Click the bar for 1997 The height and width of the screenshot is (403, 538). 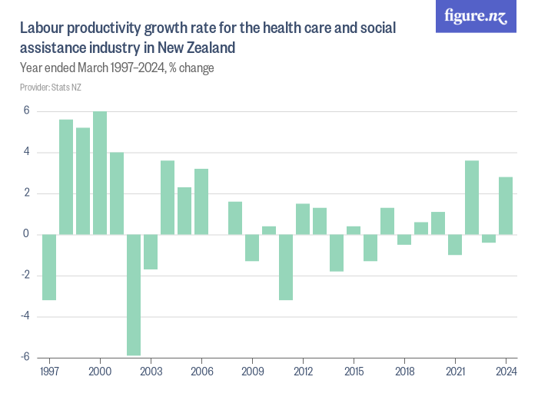click(x=49, y=266)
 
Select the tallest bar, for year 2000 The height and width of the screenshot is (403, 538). click(x=100, y=173)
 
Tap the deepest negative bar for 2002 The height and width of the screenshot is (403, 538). click(x=134, y=295)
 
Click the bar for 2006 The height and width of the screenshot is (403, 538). click(x=201, y=201)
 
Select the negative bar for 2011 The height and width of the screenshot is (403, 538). click(x=286, y=266)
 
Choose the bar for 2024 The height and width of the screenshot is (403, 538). click(x=506, y=206)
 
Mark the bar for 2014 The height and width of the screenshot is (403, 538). click(x=337, y=253)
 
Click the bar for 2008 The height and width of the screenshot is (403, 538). click(x=235, y=218)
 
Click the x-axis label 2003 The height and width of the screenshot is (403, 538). click(x=151, y=370)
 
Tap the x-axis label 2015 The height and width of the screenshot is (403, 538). click(x=354, y=370)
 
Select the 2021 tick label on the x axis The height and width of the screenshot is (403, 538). click(x=455, y=370)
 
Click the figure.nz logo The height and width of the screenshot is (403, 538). click(x=477, y=16)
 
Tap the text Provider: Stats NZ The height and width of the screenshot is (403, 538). click(x=51, y=88)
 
